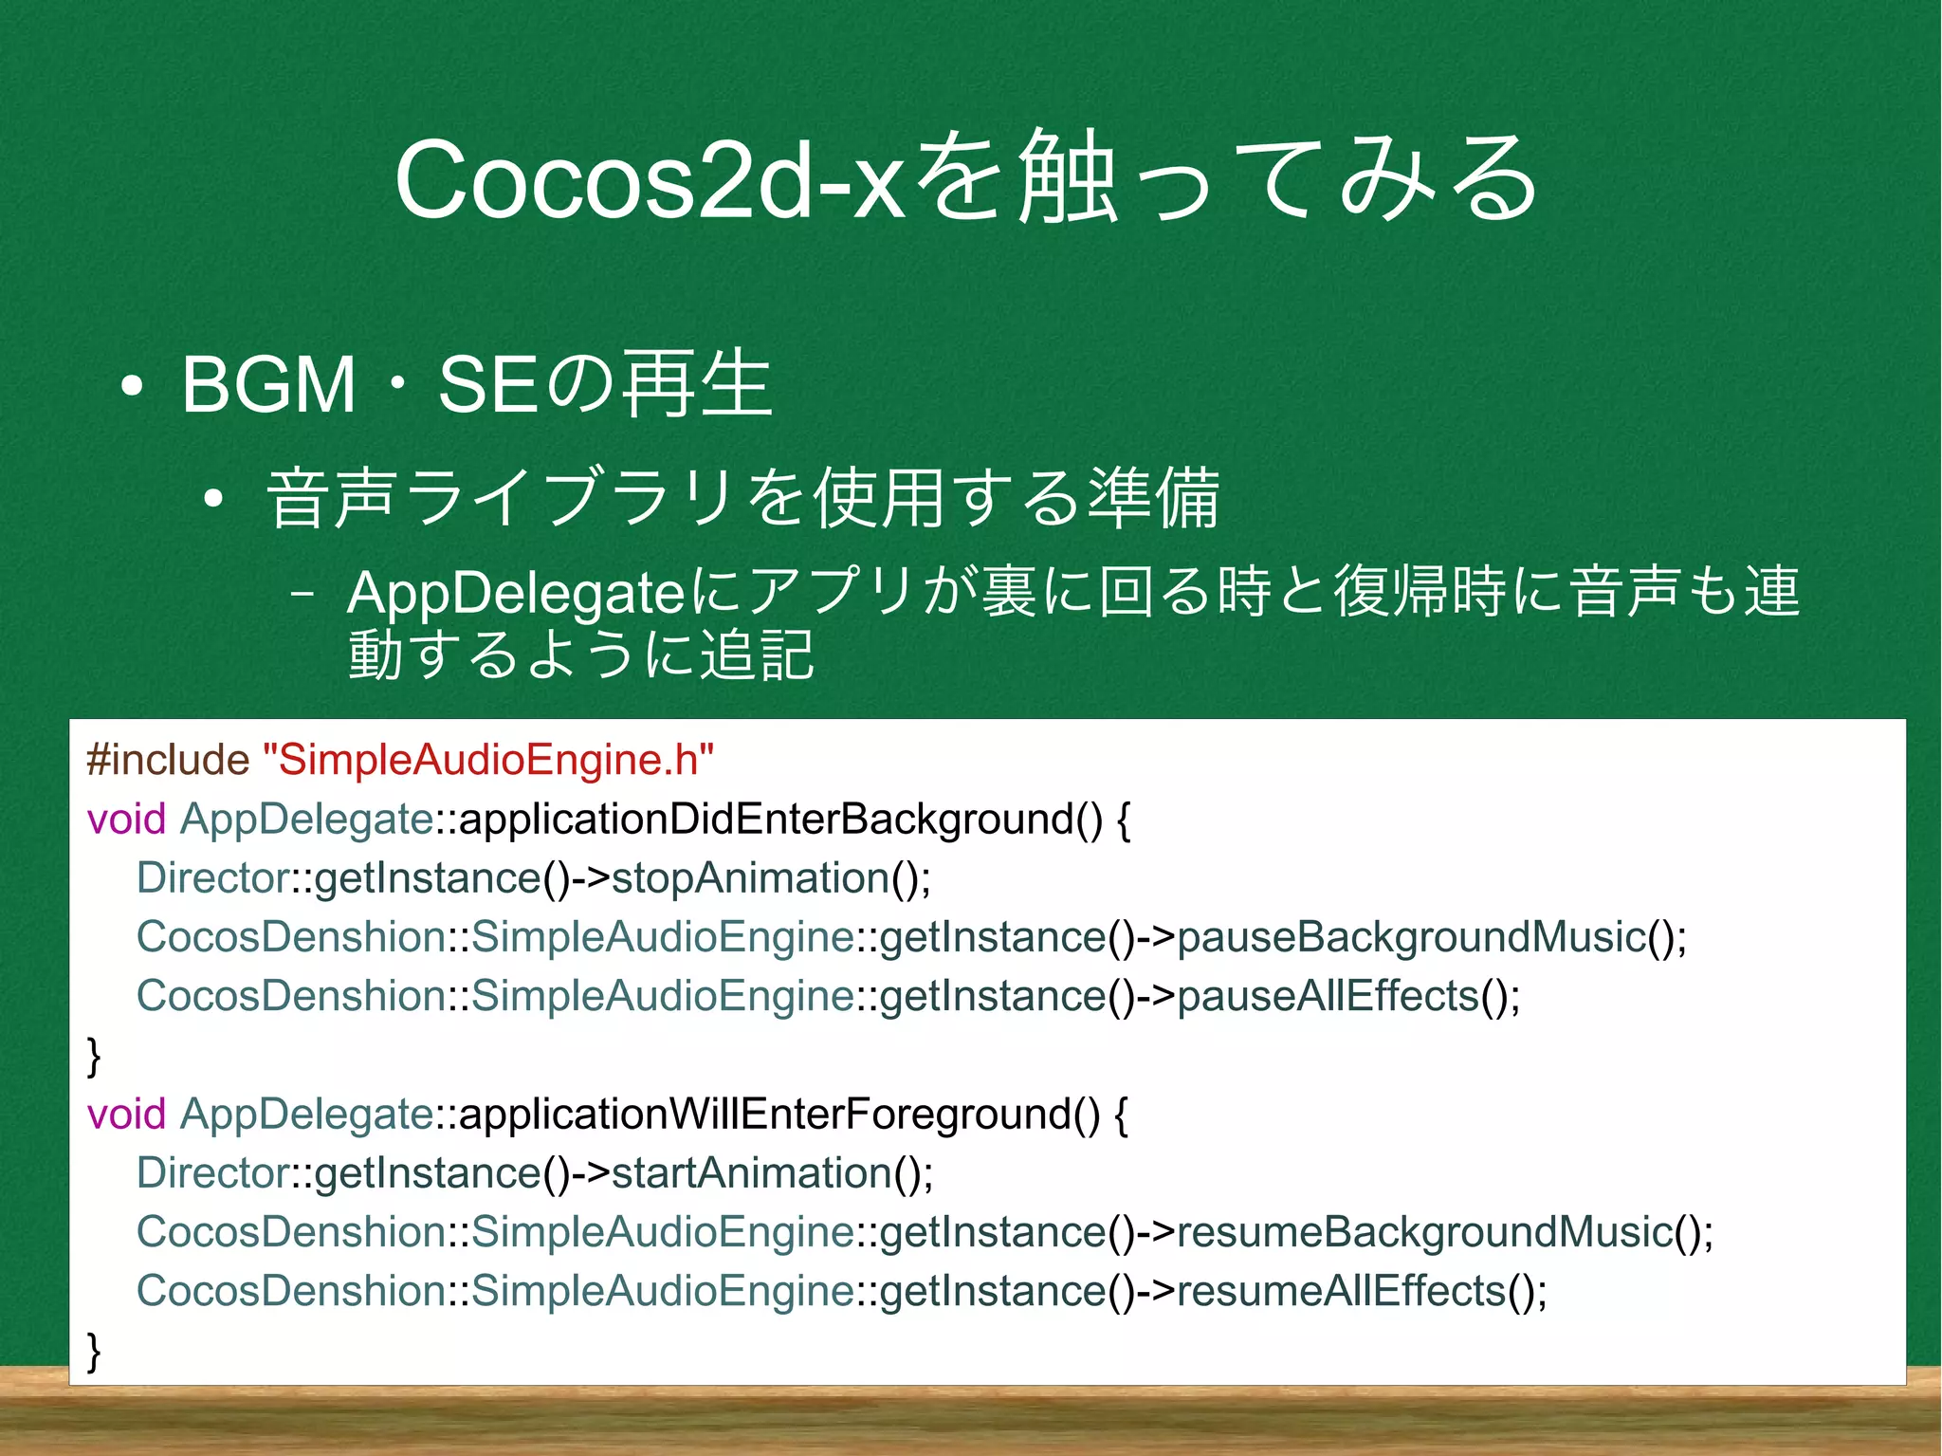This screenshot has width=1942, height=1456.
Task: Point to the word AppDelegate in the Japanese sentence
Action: click(x=516, y=594)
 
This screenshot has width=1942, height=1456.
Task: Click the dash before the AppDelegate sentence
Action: click(x=302, y=596)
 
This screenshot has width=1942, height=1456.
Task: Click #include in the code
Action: click(x=168, y=760)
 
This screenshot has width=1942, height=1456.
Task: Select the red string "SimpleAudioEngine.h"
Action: click(x=487, y=760)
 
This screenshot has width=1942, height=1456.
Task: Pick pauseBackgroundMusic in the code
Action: click(x=1411, y=937)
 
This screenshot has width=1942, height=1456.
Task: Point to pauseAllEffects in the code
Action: click(x=1328, y=996)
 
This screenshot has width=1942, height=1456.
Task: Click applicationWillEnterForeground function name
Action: click(x=779, y=1114)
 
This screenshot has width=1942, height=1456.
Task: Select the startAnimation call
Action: click(x=752, y=1172)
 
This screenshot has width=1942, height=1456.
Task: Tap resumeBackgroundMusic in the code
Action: click(x=1424, y=1232)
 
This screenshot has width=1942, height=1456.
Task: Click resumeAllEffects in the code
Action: click(x=1341, y=1291)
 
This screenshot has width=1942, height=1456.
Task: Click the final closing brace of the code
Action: click(x=94, y=1350)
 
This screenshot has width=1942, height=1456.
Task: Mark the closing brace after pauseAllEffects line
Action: click(x=94, y=1055)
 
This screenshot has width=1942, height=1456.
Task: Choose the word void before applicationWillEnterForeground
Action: click(x=126, y=1114)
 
